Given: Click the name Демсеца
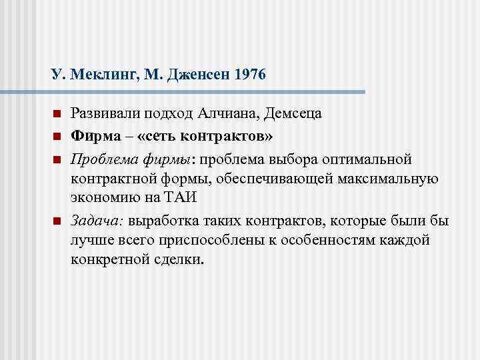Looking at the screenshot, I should click(x=293, y=113).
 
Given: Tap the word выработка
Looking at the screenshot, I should click(x=162, y=221).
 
